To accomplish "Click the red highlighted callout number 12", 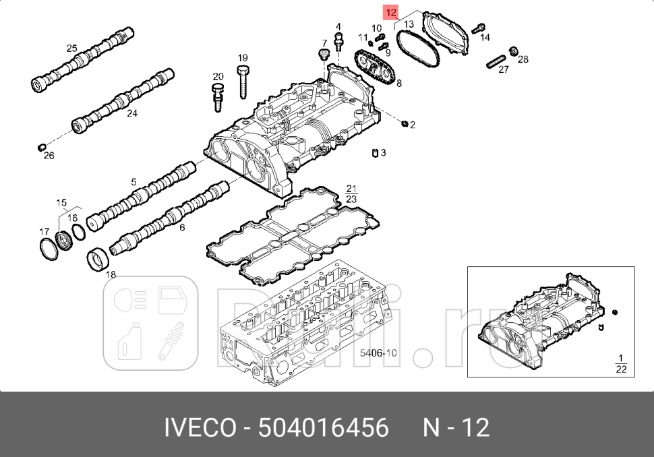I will [x=391, y=12].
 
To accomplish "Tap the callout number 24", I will [x=131, y=114].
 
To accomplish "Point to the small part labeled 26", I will [x=40, y=146].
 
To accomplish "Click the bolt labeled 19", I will [x=243, y=84].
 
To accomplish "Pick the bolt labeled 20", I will [x=217, y=96].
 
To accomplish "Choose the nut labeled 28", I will [x=514, y=51].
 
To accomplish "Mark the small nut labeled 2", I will [x=404, y=123].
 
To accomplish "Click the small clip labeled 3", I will [x=374, y=153].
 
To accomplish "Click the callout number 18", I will [x=111, y=274].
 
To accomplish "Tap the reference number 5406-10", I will [x=378, y=353].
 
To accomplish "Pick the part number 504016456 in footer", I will [x=324, y=427].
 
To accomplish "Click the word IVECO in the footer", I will [x=201, y=427].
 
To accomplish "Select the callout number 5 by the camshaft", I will [x=133, y=181].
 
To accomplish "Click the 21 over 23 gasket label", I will [x=351, y=193].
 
